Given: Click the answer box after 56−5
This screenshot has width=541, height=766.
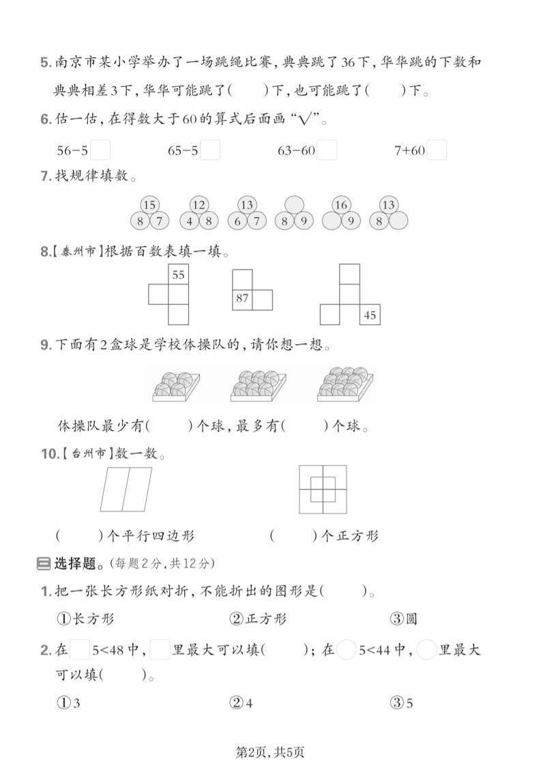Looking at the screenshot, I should [100, 150].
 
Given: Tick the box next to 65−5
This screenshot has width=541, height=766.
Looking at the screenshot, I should [211, 150].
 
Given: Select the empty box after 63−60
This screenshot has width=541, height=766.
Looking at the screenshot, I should [327, 150].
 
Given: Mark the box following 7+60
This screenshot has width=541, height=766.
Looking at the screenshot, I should [437, 150].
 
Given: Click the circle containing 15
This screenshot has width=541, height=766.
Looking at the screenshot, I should [149, 205].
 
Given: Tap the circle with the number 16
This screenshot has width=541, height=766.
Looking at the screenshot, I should [341, 205].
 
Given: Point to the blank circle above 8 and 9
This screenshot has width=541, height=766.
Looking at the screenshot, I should [293, 205].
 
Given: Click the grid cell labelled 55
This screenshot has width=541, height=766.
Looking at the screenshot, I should [178, 275].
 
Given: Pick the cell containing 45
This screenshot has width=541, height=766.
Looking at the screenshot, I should [370, 315].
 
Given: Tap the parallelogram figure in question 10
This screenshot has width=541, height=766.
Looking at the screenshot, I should [126, 489].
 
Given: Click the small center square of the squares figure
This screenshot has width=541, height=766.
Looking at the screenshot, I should [322, 489].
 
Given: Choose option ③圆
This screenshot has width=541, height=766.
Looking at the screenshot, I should [403, 619].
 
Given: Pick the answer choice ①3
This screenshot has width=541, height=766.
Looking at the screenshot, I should [69, 703].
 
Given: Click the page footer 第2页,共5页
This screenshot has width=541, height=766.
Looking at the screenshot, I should [269, 752].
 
